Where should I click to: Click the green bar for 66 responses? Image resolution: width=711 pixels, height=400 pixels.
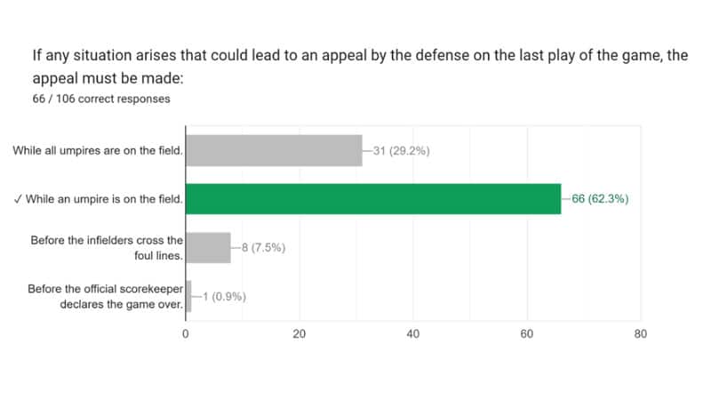373,199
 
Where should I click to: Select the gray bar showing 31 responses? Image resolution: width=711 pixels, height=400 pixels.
274,150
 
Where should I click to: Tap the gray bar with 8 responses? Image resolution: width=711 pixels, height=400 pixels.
208,248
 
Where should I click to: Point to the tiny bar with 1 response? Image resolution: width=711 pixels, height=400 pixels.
188,296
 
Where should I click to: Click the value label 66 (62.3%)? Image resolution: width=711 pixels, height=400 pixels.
600,199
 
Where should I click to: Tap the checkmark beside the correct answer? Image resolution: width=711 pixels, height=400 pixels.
19,199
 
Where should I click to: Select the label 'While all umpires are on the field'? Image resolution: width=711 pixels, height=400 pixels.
98,150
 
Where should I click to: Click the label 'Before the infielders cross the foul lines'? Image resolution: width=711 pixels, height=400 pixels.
106,248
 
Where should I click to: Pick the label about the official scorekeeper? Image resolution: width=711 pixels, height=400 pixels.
104,296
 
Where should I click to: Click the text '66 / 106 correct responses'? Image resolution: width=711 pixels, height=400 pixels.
100,99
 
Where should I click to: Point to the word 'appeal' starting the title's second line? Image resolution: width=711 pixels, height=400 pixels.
54,77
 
